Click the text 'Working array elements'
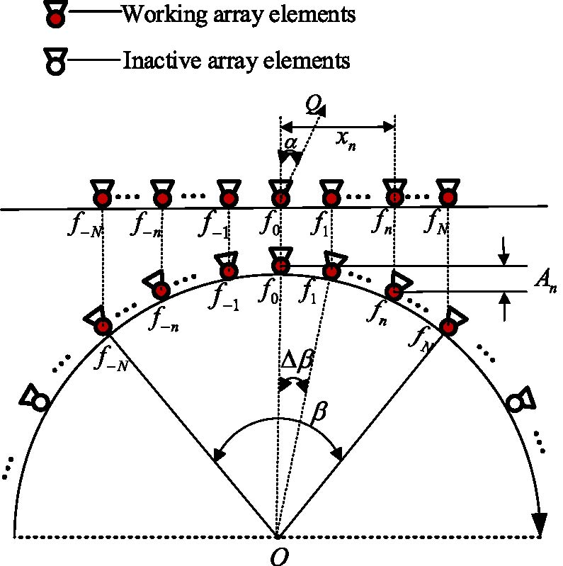[238, 14]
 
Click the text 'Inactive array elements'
[237, 60]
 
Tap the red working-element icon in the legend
[54, 16]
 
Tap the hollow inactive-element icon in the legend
[54, 62]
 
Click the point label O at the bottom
[277, 556]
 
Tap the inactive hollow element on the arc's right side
[516, 402]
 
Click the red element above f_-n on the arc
[161, 289]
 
